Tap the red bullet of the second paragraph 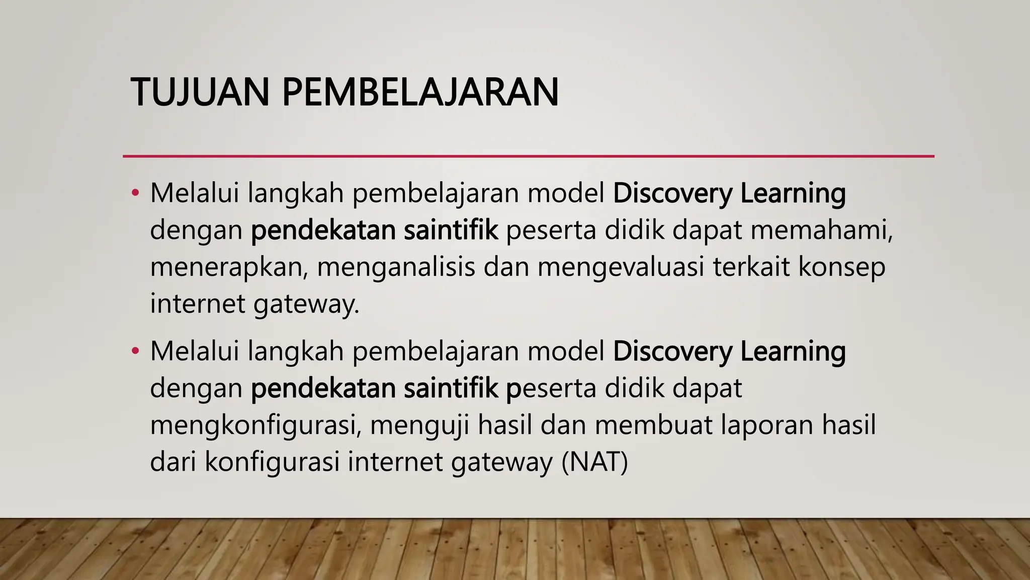pyautogui.click(x=134, y=351)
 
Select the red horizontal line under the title pyautogui.click(x=528, y=157)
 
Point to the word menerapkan pyautogui.click(x=229, y=267)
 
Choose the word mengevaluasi pyautogui.click(x=621, y=267)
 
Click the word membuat pyautogui.click(x=653, y=425)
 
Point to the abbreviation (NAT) pyautogui.click(x=594, y=462)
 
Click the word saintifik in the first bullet pyautogui.click(x=451, y=230)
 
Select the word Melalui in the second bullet pyautogui.click(x=194, y=351)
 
